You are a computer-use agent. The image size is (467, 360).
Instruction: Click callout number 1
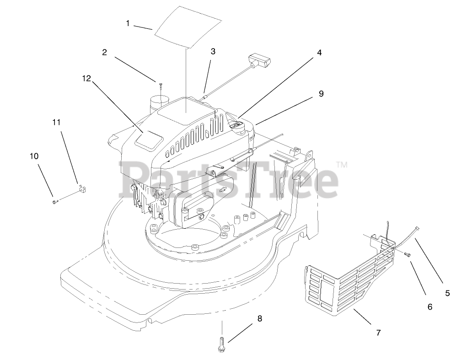128,22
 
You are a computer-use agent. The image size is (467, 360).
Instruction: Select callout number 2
105,53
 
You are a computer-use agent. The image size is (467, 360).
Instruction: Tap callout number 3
213,51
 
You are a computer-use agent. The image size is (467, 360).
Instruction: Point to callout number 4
319,53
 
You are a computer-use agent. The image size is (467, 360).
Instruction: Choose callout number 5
447,293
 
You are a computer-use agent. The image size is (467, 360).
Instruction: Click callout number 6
429,307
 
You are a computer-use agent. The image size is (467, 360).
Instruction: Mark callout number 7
378,333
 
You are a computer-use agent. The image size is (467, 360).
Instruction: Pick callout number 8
260,318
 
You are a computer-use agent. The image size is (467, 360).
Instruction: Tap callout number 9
321,93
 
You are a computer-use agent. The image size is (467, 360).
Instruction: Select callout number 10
34,156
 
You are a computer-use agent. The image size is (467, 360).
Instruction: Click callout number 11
56,122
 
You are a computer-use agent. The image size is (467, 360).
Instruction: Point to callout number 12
86,78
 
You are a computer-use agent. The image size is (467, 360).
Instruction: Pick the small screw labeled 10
55,200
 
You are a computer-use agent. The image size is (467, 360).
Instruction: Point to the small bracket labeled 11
82,188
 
